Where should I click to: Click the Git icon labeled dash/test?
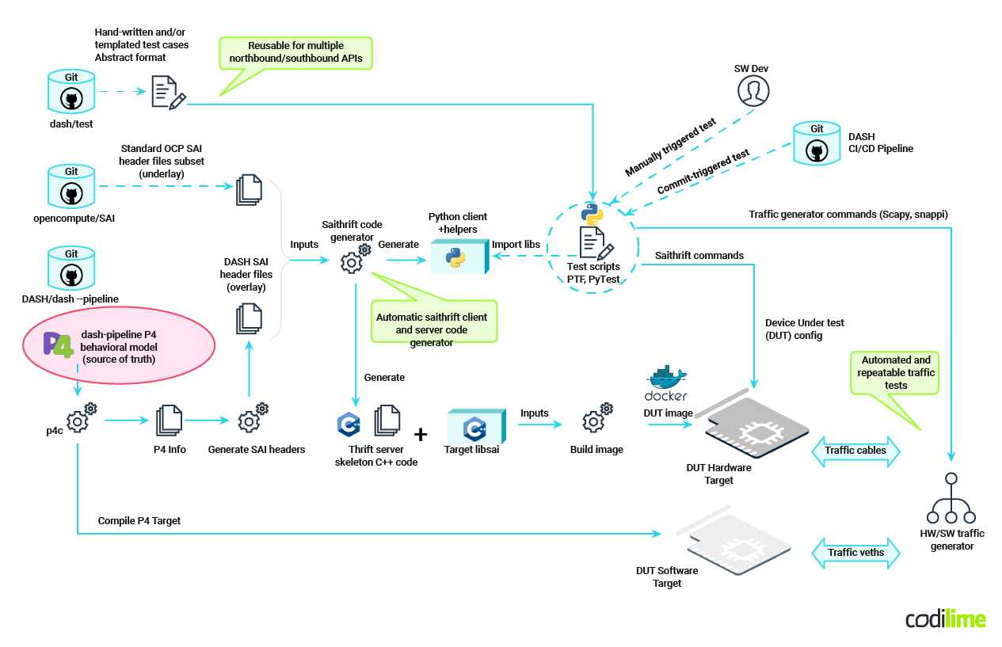click(71, 93)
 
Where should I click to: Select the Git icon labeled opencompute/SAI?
click(71, 188)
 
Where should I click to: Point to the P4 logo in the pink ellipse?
click(57, 347)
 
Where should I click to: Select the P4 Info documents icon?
click(170, 421)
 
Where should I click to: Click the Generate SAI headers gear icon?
click(253, 419)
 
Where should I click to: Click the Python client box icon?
click(458, 256)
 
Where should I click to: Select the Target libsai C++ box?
click(475, 428)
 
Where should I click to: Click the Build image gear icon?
click(596, 419)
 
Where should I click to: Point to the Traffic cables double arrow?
click(855, 451)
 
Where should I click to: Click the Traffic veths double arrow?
click(855, 553)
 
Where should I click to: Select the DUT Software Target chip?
click(738, 545)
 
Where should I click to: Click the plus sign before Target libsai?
click(421, 434)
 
